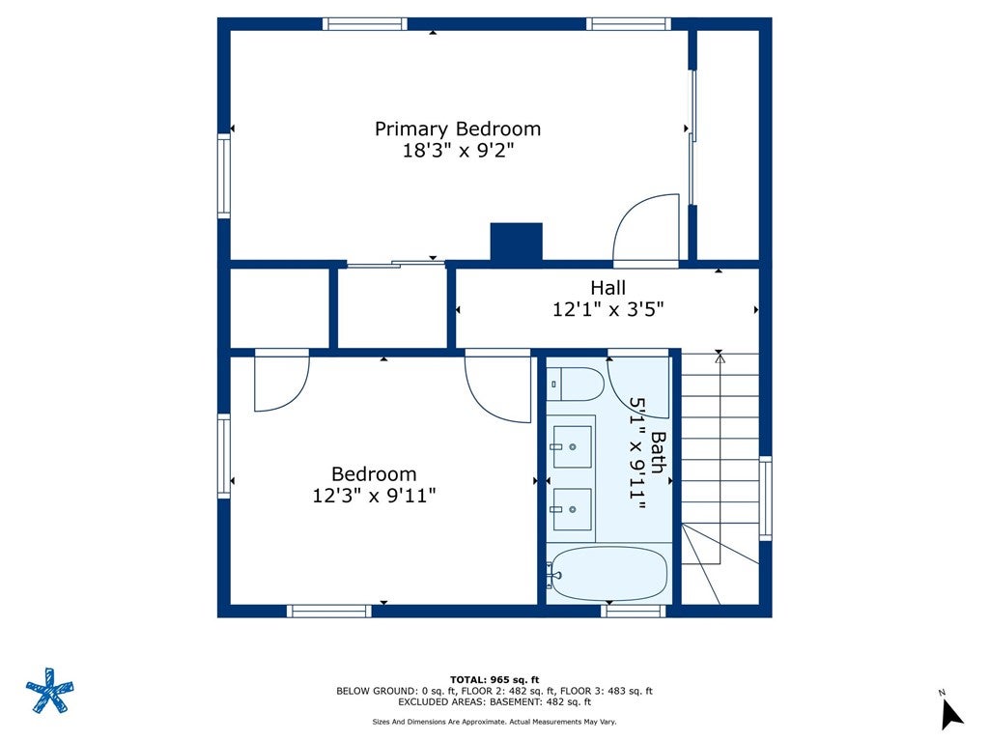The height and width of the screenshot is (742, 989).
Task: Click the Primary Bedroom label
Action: pyautogui.click(x=458, y=128)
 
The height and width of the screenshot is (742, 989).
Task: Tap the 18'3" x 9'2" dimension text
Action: pyautogui.click(x=459, y=151)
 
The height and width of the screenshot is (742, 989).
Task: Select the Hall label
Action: pyautogui.click(x=608, y=288)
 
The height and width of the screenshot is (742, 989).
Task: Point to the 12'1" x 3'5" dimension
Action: pyautogui.click(x=608, y=310)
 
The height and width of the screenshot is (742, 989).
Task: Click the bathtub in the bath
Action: pyautogui.click(x=607, y=573)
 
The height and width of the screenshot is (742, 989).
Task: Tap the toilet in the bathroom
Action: pyautogui.click(x=576, y=384)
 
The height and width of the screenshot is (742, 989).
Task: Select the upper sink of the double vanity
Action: pyautogui.click(x=572, y=446)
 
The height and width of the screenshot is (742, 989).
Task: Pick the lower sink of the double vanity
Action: pyautogui.click(x=572, y=509)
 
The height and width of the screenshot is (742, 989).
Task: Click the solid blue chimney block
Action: pyautogui.click(x=517, y=242)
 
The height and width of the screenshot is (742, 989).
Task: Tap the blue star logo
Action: pyautogui.click(x=50, y=690)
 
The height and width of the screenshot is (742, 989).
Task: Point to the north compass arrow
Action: pyautogui.click(x=950, y=715)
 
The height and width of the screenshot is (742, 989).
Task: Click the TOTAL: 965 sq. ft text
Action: pyautogui.click(x=494, y=679)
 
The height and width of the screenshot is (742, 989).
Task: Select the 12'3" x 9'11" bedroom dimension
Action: pyautogui.click(x=374, y=496)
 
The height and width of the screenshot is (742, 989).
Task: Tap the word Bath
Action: pyautogui.click(x=658, y=452)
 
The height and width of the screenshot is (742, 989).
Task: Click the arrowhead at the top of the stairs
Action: pyautogui.click(x=720, y=357)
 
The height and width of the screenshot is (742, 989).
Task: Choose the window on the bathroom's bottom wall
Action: pyautogui.click(x=634, y=611)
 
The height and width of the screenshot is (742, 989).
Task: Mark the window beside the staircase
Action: pyautogui.click(x=765, y=499)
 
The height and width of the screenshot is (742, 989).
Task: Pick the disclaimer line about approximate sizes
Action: pyautogui.click(x=494, y=721)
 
